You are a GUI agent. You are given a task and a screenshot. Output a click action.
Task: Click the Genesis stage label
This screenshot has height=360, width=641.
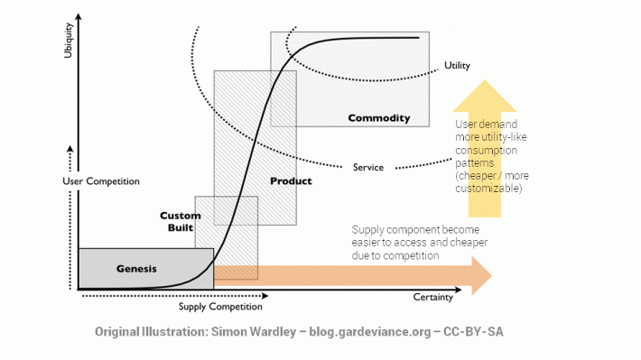[x=136, y=269]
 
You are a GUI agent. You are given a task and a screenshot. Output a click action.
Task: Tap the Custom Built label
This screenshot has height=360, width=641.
[x=180, y=222]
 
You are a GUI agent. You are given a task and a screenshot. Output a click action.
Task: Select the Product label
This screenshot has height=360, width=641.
[x=291, y=181]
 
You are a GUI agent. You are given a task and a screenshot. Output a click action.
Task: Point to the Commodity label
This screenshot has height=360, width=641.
[x=378, y=118]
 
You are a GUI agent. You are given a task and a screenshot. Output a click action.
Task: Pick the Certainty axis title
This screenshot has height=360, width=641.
[x=432, y=299]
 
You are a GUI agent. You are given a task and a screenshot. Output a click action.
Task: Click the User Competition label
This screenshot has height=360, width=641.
[x=101, y=181]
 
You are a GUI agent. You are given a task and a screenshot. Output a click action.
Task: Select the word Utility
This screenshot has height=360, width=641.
[x=457, y=66]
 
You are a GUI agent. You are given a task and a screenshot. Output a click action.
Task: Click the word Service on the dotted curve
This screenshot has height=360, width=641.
[x=368, y=167]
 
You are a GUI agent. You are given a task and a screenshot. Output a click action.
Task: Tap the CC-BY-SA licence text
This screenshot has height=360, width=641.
[x=473, y=331]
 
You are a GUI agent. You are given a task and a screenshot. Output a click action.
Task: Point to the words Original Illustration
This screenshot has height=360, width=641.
[x=149, y=331]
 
